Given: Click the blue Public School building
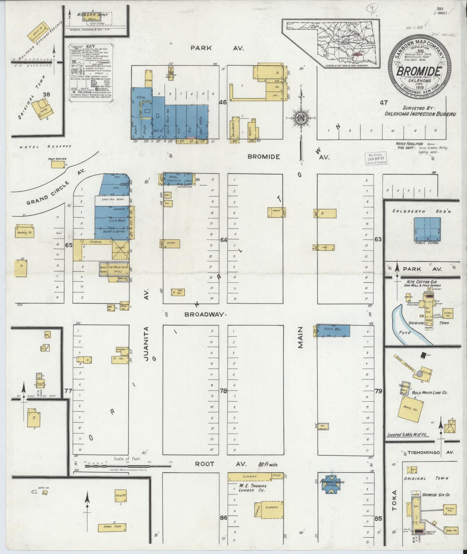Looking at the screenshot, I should tap(427, 229).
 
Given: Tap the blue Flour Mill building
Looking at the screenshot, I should tap(333, 330).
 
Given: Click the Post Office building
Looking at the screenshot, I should tap(58, 165).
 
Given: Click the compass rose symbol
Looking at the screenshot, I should tap(302, 118).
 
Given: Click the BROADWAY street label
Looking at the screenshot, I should tap(204, 314).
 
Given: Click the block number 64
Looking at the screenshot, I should tap(224, 240).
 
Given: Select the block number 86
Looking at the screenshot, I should tap(223, 518).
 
